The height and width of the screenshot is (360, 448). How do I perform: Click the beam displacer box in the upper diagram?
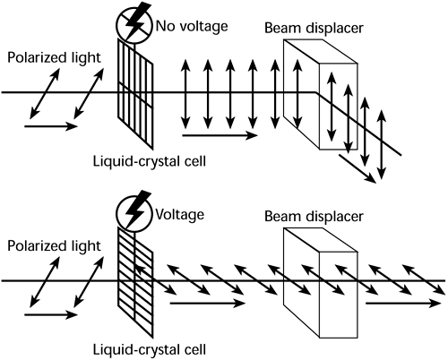(x=309, y=94)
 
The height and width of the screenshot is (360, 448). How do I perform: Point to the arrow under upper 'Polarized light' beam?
(x=51, y=126)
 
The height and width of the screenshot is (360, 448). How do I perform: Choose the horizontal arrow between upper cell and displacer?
(x=217, y=136)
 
